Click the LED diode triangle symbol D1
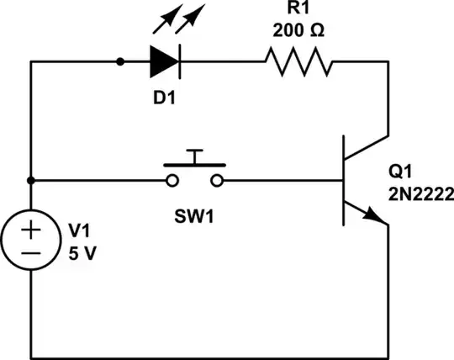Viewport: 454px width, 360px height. click(162, 61)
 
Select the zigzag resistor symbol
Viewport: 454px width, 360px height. click(298, 61)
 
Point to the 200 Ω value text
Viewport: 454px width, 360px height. click(298, 31)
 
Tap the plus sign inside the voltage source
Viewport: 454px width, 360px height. click(30, 230)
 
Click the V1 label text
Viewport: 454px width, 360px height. click(77, 230)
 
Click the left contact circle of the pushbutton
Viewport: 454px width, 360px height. click(172, 180)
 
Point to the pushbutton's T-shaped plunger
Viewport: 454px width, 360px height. click(195, 158)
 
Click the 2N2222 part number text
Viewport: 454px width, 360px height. click(420, 194)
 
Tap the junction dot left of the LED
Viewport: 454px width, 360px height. click(120, 61)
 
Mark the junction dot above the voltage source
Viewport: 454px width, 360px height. click(30, 180)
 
